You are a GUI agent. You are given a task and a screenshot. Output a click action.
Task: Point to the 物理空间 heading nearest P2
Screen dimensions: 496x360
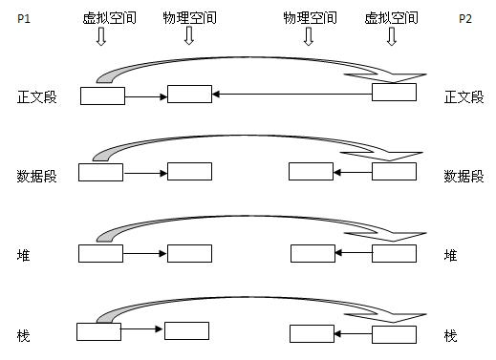[308, 17]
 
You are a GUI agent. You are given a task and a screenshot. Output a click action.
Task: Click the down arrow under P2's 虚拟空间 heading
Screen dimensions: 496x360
[391, 36]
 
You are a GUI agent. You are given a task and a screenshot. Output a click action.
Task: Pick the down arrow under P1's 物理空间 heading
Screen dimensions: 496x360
[188, 36]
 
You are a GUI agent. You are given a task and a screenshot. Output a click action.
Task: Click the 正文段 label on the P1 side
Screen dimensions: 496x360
[37, 96]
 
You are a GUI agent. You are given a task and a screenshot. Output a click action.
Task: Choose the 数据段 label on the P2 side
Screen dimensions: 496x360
[464, 177]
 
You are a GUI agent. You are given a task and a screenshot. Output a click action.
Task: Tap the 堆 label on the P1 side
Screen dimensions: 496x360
[23, 256]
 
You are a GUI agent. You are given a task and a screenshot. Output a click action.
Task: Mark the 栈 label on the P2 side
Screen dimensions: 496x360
[451, 336]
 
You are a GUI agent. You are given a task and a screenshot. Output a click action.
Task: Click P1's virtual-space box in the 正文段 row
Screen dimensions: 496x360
[102, 95]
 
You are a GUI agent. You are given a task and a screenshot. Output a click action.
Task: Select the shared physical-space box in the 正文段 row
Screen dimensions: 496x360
[189, 94]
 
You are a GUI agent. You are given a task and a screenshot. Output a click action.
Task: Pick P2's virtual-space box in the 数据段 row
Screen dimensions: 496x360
[394, 171]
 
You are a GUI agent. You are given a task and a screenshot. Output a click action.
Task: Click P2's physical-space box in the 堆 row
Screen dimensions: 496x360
[313, 253]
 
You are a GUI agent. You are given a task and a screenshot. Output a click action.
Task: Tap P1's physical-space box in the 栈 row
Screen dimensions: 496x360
[186, 330]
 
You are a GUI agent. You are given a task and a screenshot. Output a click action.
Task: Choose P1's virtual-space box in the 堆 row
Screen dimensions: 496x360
[100, 253]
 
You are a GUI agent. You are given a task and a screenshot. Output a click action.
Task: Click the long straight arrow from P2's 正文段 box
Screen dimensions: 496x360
[291, 94]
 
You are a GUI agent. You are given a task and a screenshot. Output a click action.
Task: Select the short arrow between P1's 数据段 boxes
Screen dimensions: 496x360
[145, 173]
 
